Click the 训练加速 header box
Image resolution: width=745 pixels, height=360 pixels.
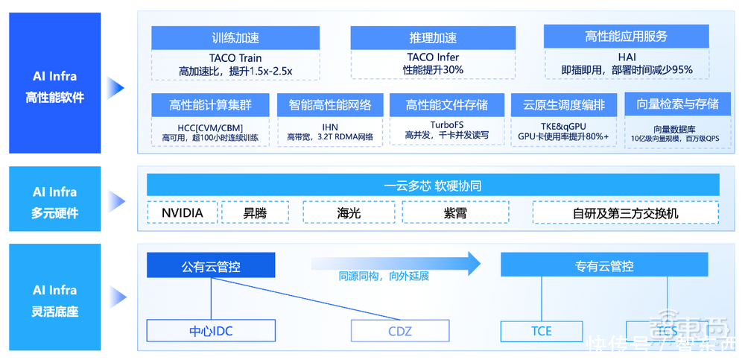[235, 38]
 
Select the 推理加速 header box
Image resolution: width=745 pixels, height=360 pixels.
[432, 38]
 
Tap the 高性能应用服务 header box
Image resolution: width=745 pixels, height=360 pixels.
[626, 37]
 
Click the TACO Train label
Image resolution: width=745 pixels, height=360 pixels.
[235, 58]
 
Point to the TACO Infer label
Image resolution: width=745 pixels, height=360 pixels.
[433, 57]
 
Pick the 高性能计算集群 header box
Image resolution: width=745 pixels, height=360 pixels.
[211, 104]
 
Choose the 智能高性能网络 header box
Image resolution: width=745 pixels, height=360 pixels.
[330, 104]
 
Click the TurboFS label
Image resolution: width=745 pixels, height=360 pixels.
[447, 124]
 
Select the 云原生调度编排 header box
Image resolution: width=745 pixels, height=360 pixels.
[564, 104]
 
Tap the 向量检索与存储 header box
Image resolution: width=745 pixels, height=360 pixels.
[678, 104]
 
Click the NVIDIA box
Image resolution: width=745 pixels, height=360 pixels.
[182, 212]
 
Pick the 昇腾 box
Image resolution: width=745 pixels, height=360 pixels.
[255, 212]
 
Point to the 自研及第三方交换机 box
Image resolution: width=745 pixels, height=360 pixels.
[626, 212]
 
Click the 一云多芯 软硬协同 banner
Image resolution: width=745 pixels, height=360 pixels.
[433, 186]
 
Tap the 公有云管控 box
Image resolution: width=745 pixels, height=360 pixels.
[211, 265]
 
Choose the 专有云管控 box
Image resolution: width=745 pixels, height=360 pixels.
[604, 265]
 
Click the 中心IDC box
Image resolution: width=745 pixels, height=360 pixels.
[211, 330]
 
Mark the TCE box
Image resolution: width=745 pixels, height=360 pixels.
[542, 330]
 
